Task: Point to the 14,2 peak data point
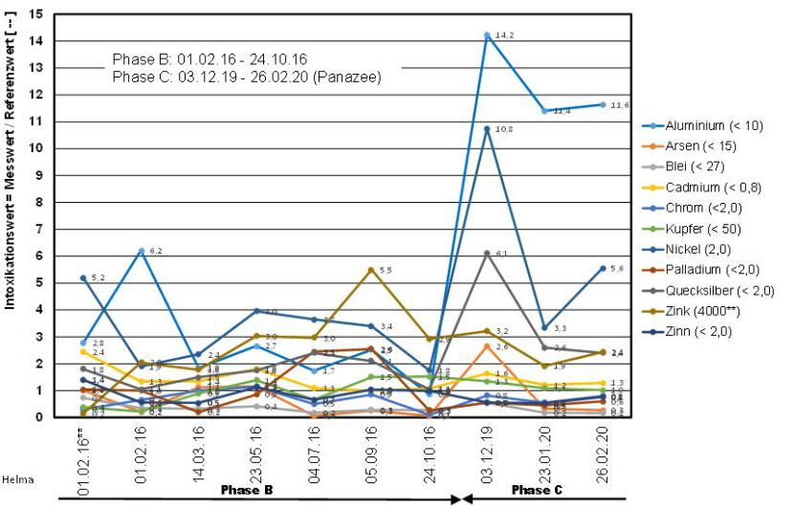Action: (x=487, y=35)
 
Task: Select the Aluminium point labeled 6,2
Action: (x=142, y=251)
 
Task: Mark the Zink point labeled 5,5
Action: (x=371, y=270)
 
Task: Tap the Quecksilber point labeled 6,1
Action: (x=487, y=254)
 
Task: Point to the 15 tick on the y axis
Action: (x=36, y=14)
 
